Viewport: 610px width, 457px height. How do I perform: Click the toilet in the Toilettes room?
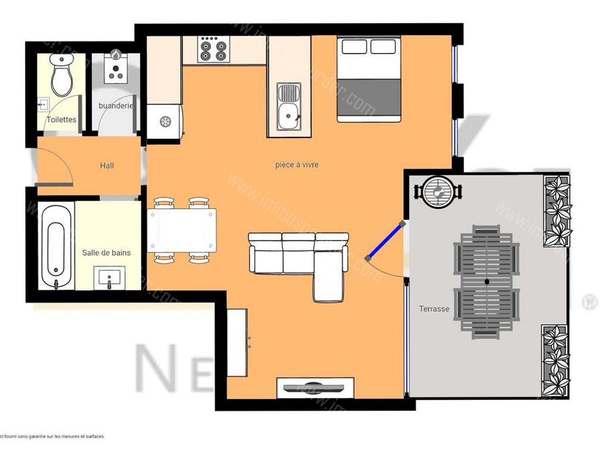pyautogui.click(x=62, y=76)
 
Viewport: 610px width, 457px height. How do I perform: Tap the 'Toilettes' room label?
pyautogui.click(x=61, y=120)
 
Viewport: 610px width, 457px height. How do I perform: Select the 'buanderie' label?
pyautogui.click(x=116, y=105)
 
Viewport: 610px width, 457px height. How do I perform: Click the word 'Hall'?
pyautogui.click(x=107, y=165)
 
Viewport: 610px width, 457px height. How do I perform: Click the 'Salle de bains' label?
pyautogui.click(x=106, y=252)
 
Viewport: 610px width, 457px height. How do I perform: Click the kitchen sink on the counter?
pyautogui.click(x=289, y=107)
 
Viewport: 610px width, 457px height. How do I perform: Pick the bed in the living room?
pyautogui.click(x=368, y=79)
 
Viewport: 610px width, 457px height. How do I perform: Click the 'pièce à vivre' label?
pyautogui.click(x=297, y=165)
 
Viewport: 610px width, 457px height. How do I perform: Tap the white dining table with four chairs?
pyautogui.click(x=182, y=230)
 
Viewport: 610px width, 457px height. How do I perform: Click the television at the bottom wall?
pyautogui.click(x=315, y=387)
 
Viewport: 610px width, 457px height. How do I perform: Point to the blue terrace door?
pyautogui.click(x=385, y=240)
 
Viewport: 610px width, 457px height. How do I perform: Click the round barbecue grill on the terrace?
pyautogui.click(x=438, y=192)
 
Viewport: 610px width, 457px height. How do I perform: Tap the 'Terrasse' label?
pyautogui.click(x=434, y=309)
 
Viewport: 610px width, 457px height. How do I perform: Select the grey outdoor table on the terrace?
pyautogui.click(x=487, y=282)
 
